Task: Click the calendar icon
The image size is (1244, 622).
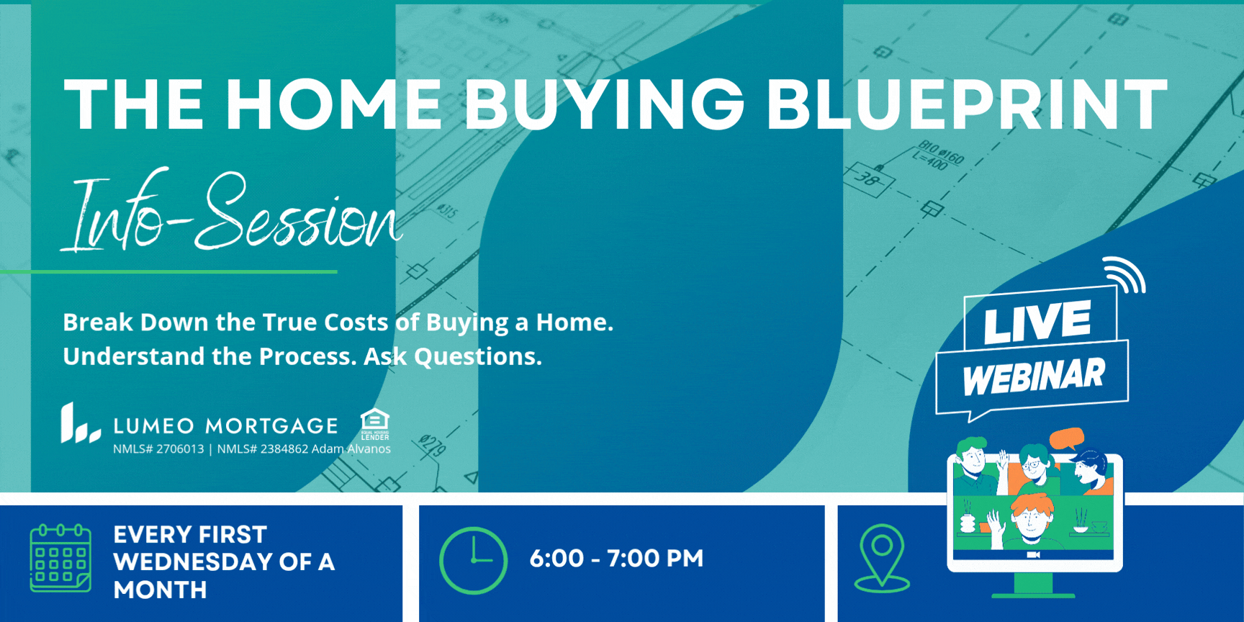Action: click(x=60, y=558)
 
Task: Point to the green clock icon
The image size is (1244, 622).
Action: click(x=473, y=560)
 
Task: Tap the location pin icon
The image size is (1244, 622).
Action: click(x=882, y=558)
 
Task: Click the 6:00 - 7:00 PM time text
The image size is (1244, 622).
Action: click(x=616, y=558)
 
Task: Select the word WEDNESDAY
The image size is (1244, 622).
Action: click(x=193, y=562)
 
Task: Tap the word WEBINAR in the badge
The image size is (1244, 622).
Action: click(x=1033, y=377)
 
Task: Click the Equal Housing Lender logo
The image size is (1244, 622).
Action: click(x=375, y=424)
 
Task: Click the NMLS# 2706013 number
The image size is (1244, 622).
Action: click(x=158, y=449)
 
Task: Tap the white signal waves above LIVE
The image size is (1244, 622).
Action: click(x=1125, y=275)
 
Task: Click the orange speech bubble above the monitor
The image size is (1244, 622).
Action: click(x=1067, y=438)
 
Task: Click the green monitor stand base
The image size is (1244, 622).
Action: click(x=1033, y=595)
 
